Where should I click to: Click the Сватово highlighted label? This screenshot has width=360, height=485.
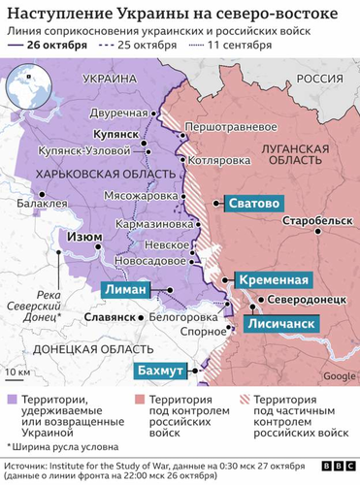(x=254, y=204)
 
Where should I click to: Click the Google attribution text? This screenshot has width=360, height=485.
(x=338, y=375)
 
